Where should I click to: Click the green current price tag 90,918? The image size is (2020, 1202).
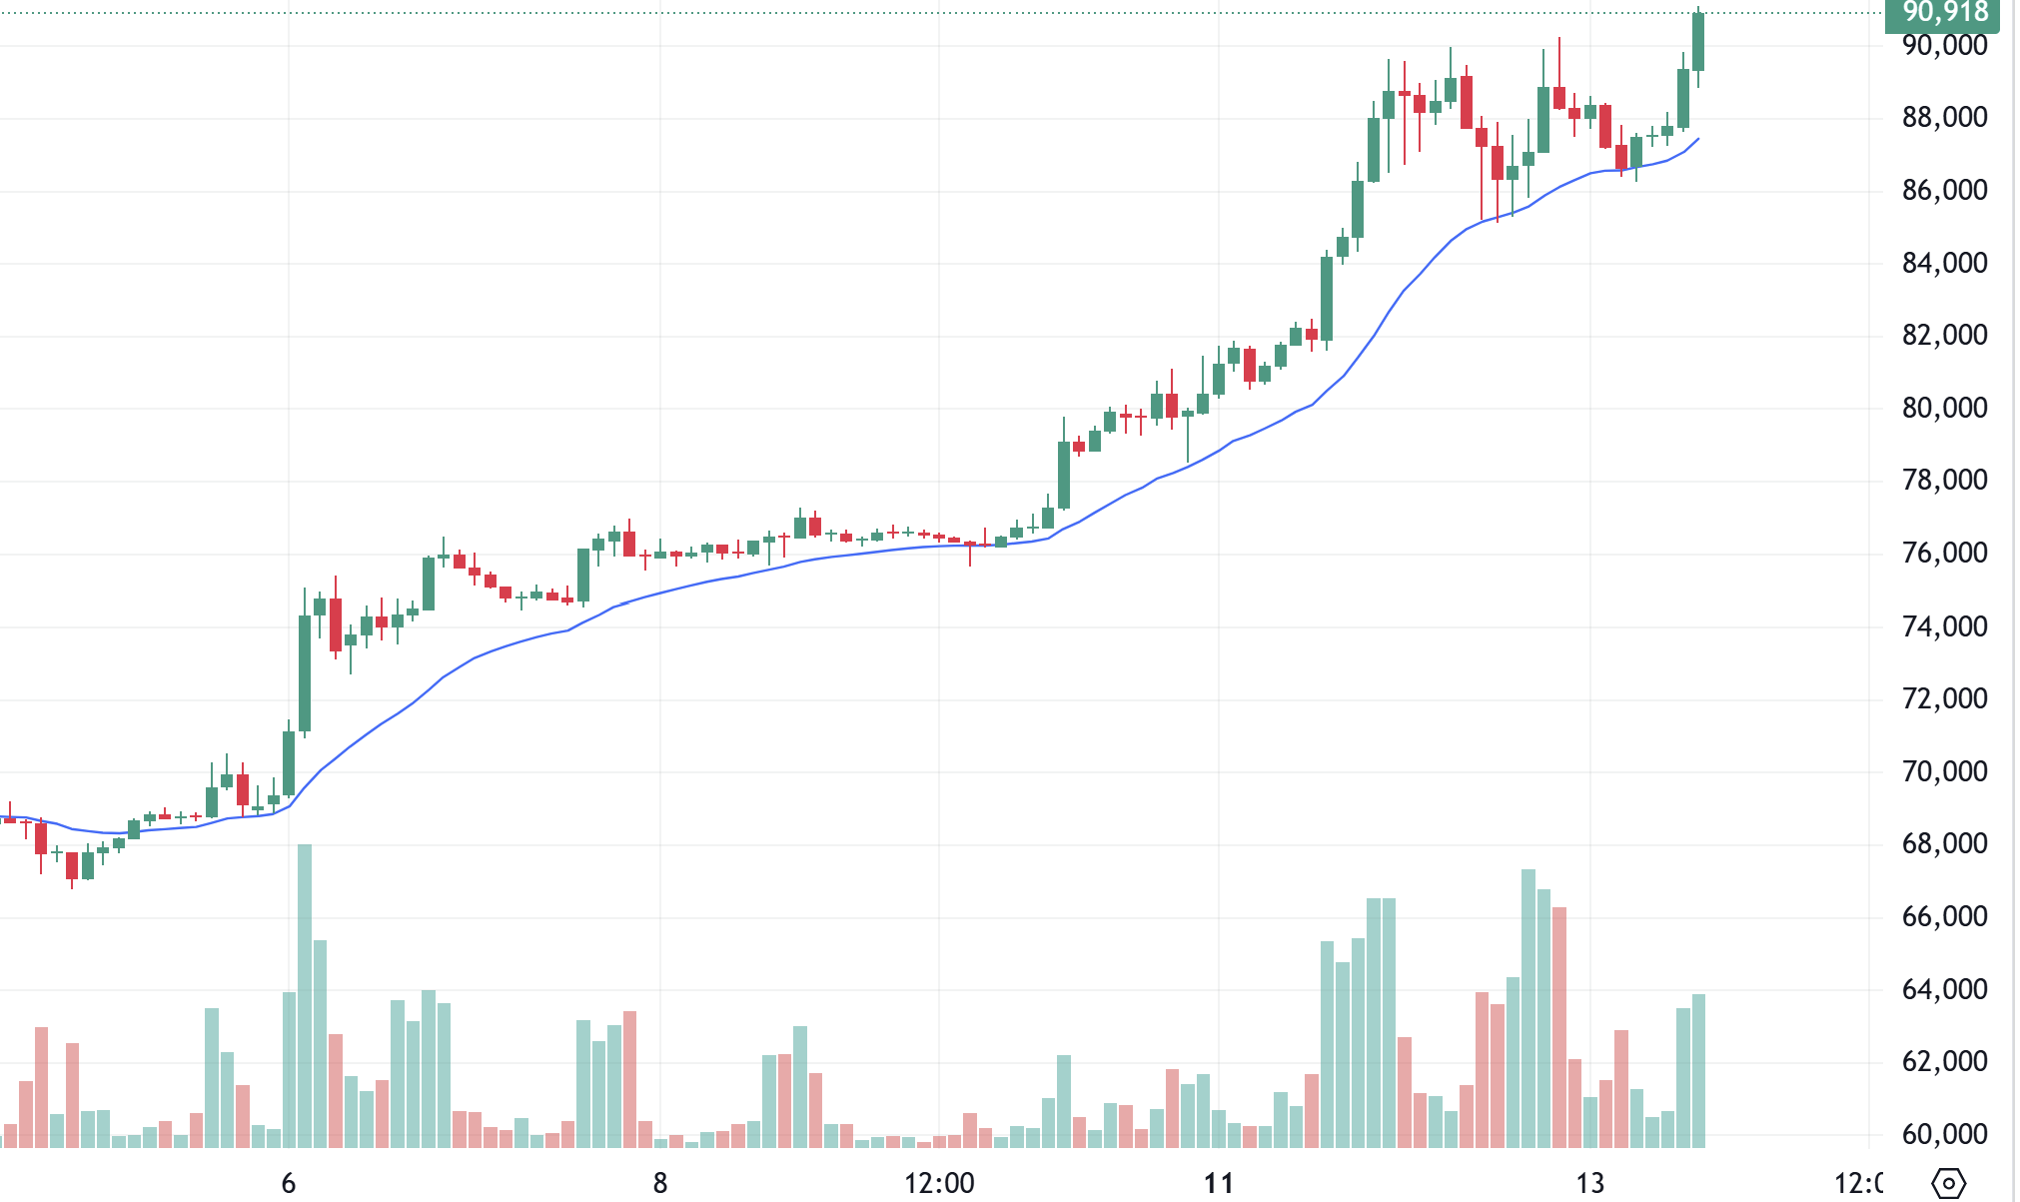[1944, 13]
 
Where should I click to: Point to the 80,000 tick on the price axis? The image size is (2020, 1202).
[1944, 408]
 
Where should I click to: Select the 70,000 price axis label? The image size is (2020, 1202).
[1944, 771]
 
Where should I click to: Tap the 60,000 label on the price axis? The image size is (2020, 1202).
[1944, 1134]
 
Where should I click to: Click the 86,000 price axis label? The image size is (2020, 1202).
[1944, 190]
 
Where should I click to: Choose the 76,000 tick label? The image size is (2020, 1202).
[1944, 553]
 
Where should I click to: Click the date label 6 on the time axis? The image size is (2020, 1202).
[289, 1184]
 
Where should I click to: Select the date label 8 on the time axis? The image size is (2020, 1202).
[660, 1184]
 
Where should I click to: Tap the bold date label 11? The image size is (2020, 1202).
[1219, 1184]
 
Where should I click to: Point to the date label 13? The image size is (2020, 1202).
[1590, 1184]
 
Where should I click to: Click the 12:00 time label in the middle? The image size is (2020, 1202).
[939, 1184]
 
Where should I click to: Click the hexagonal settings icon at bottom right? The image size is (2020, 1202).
[1948, 1184]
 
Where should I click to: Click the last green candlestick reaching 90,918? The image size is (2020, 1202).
[1698, 42]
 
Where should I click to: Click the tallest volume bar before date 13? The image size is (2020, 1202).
[1528, 1009]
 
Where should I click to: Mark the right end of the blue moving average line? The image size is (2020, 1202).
[1698, 139]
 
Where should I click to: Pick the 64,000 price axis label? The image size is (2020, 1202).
[1944, 989]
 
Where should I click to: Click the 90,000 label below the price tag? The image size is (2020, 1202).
[1944, 46]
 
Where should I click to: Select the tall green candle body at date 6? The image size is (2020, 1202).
[305, 673]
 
